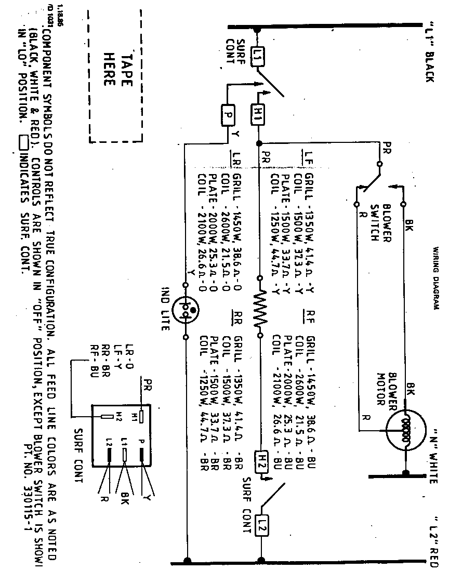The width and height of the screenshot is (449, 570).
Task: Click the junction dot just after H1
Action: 258,142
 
